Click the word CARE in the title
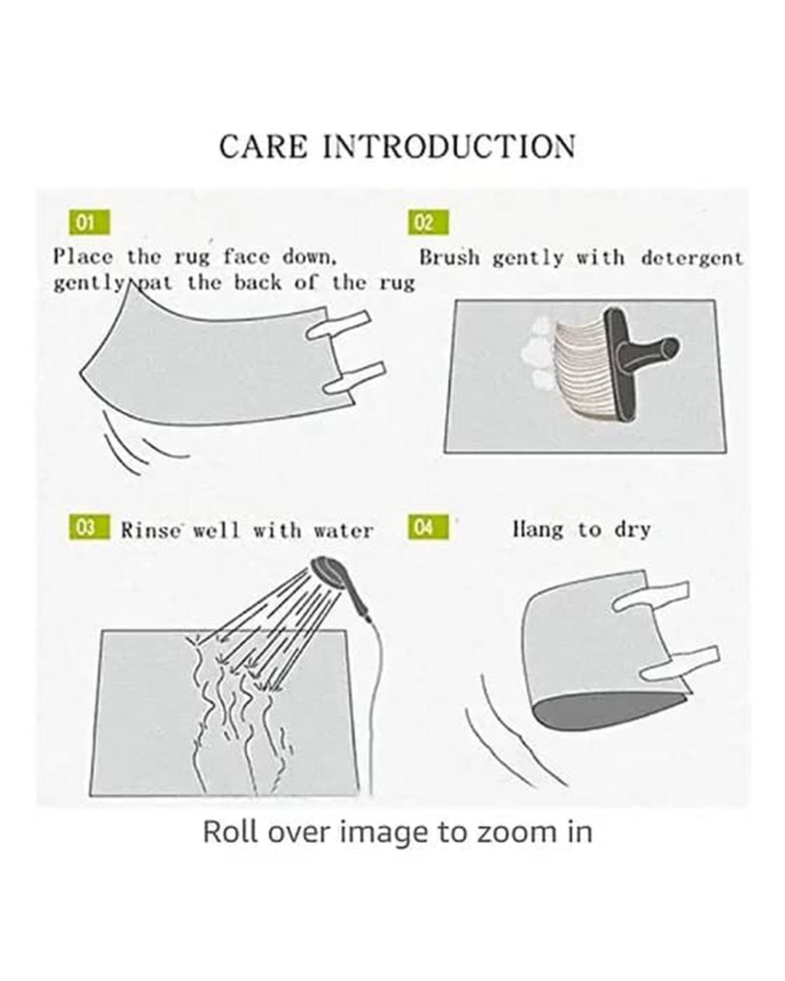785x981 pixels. pos(264,147)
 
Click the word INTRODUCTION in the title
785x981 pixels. pos(449,147)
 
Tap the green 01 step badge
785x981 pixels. pos(89,222)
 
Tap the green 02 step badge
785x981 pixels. pos(428,222)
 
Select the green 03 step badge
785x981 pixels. pos(89,527)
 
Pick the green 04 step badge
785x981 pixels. pos(428,527)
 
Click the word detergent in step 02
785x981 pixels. pos(692,259)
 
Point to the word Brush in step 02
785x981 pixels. pos(449,257)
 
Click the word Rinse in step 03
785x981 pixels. pos(150,530)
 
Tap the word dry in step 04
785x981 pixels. pos(632,530)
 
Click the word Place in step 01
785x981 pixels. pos(83,257)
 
